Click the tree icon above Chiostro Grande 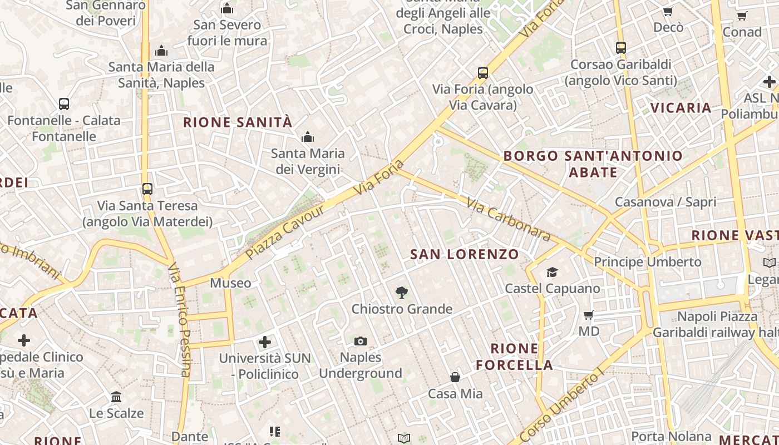401,293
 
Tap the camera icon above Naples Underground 361,341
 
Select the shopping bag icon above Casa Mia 455,377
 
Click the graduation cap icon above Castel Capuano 552,272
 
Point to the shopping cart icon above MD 589,315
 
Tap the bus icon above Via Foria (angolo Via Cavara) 483,73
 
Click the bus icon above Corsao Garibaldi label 621,48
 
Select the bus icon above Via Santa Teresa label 147,189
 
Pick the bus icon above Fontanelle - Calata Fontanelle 64,104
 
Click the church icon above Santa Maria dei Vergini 308,137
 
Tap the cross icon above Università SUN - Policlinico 265,342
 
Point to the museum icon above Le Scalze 116,397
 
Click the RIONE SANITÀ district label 238,122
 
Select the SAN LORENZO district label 464,254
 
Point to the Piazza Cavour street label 285,231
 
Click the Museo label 230,283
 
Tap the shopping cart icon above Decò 668,12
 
